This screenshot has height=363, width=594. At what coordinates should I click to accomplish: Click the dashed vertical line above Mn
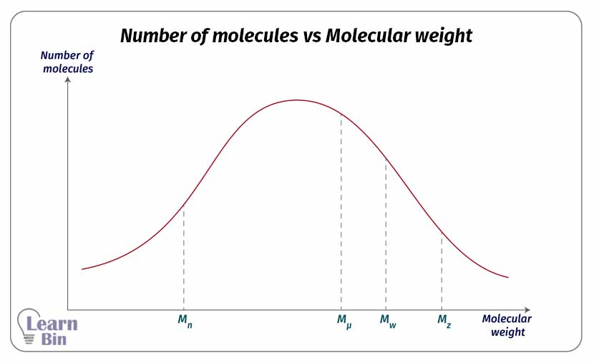(184, 258)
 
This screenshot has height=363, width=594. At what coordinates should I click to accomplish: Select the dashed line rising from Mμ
(341, 215)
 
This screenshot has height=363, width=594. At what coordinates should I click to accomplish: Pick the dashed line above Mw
(386, 236)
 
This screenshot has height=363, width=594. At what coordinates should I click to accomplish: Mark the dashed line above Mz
(442, 272)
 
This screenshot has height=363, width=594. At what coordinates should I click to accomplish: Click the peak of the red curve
(297, 100)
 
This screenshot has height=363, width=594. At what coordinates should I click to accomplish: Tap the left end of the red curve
(83, 269)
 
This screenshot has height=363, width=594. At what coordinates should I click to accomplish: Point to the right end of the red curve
(508, 277)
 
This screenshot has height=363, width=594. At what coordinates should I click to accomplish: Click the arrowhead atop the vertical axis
(67, 79)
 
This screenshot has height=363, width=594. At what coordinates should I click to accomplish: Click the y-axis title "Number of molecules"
(67, 62)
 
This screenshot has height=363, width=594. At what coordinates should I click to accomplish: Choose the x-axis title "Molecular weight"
(507, 325)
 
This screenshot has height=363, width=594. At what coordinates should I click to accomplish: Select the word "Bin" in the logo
(53, 339)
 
